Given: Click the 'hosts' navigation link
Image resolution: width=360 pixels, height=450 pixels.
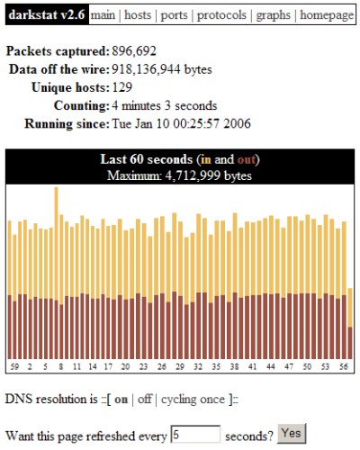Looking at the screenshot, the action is (138, 14).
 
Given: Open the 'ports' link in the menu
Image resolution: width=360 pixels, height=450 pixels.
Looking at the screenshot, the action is (174, 15).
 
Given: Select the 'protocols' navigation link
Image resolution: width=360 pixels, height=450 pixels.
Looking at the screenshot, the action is (221, 15).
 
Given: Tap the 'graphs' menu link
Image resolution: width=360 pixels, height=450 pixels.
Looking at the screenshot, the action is (273, 15).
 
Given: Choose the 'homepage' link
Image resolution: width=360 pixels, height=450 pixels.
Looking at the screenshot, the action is (327, 15).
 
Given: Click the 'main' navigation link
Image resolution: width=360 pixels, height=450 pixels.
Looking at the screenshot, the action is (103, 14).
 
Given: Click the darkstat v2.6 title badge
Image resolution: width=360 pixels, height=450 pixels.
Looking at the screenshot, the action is (47, 14).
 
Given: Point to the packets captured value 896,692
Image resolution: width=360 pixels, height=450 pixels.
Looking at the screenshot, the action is (134, 51).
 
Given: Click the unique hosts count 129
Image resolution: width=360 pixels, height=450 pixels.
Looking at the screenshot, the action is (122, 87).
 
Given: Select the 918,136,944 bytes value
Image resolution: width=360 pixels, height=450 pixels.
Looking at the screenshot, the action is (162, 69).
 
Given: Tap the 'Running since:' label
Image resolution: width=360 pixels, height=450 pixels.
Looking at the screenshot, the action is (67, 123).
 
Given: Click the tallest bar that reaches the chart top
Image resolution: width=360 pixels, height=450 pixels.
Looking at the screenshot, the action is (56, 273).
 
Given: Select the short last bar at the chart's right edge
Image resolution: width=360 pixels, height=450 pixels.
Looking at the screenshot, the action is (350, 323).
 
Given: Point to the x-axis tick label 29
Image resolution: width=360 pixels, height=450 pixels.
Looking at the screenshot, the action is (180, 366).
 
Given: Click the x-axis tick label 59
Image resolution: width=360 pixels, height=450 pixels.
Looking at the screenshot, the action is (14, 366).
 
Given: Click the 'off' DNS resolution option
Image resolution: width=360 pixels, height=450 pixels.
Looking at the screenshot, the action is (145, 399).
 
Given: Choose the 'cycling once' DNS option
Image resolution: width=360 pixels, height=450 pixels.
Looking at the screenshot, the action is (193, 400).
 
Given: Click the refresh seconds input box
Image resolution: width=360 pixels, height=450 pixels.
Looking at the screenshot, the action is (195, 434).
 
